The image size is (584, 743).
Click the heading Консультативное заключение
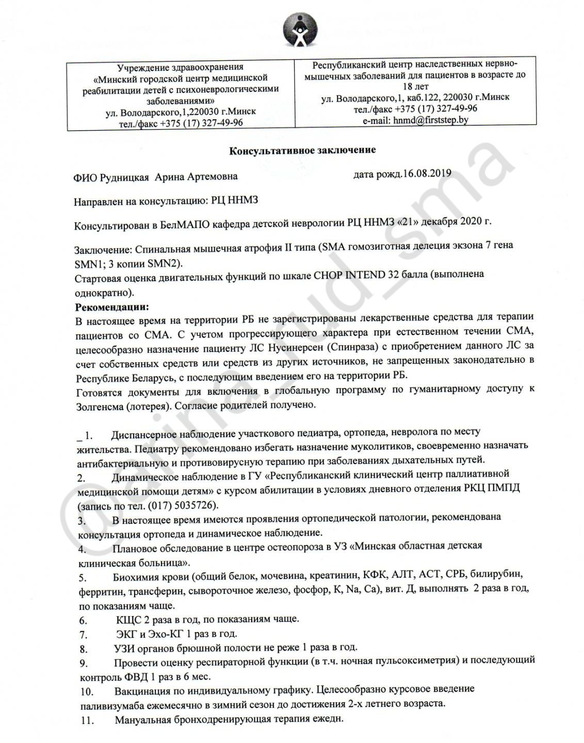point(302,150)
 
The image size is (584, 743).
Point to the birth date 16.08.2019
point(427,173)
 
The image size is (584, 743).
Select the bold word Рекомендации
point(112,307)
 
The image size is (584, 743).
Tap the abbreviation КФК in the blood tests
point(375,574)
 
